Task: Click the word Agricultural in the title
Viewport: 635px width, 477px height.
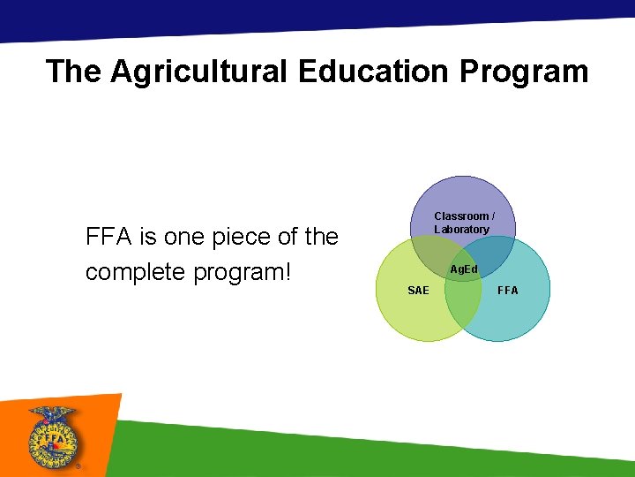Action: point(199,72)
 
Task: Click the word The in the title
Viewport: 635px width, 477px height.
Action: point(74,72)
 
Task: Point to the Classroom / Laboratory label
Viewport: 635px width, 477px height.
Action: point(464,223)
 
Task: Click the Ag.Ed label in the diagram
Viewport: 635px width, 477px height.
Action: point(463,269)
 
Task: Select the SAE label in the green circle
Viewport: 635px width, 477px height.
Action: point(418,291)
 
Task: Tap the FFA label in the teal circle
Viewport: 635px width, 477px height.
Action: point(508,291)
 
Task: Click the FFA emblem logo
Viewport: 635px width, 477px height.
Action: point(54,438)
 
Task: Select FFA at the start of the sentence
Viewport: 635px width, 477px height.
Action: point(108,237)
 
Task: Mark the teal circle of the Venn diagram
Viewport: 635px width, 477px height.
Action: point(520,314)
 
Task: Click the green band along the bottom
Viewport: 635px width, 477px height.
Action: point(370,450)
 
